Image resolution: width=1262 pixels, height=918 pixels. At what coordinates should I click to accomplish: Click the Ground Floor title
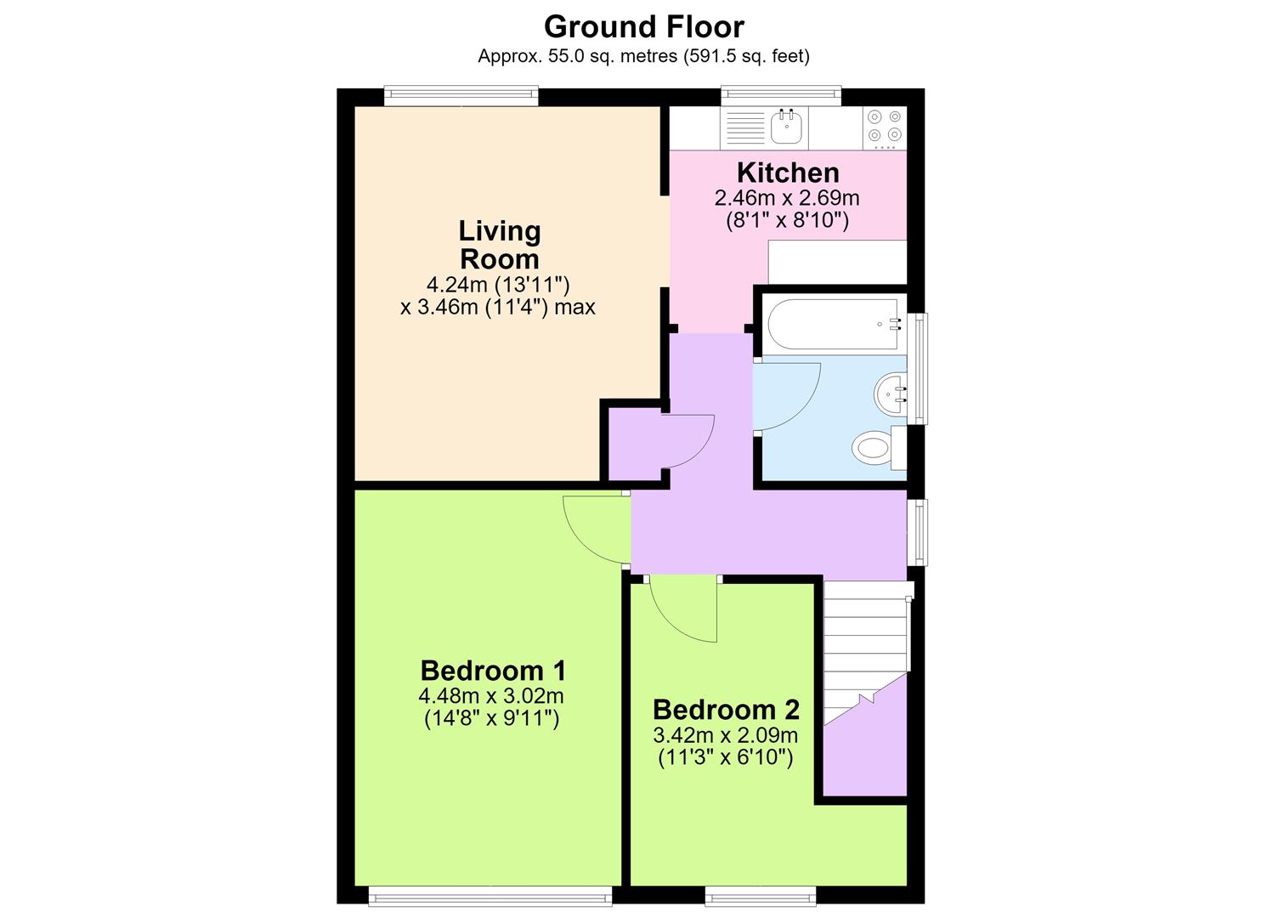coord(644,26)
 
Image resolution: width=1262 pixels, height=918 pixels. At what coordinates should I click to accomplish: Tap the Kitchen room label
coord(788,173)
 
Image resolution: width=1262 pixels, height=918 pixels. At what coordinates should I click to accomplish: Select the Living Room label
coord(500,245)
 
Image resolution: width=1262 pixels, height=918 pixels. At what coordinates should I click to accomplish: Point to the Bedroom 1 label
coord(493,671)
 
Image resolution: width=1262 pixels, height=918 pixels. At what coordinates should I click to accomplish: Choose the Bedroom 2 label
coord(727,710)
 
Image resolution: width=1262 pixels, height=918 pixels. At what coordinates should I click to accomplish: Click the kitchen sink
coord(787,127)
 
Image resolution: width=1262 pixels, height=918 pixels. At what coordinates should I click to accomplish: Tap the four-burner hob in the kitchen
coord(885,127)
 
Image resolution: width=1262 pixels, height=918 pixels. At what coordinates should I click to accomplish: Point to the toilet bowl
coord(871,448)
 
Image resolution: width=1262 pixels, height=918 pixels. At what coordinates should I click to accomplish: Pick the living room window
coord(461,95)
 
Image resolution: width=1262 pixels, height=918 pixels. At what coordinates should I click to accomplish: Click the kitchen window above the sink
coord(781,95)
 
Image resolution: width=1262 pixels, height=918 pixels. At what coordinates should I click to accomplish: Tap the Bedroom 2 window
coord(761,896)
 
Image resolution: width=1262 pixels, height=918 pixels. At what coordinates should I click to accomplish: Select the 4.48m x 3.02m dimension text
coord(490,696)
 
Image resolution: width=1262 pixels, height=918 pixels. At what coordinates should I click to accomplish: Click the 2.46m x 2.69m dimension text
coord(787,198)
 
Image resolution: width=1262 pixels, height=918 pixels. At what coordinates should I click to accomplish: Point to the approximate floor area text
coord(644,56)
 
